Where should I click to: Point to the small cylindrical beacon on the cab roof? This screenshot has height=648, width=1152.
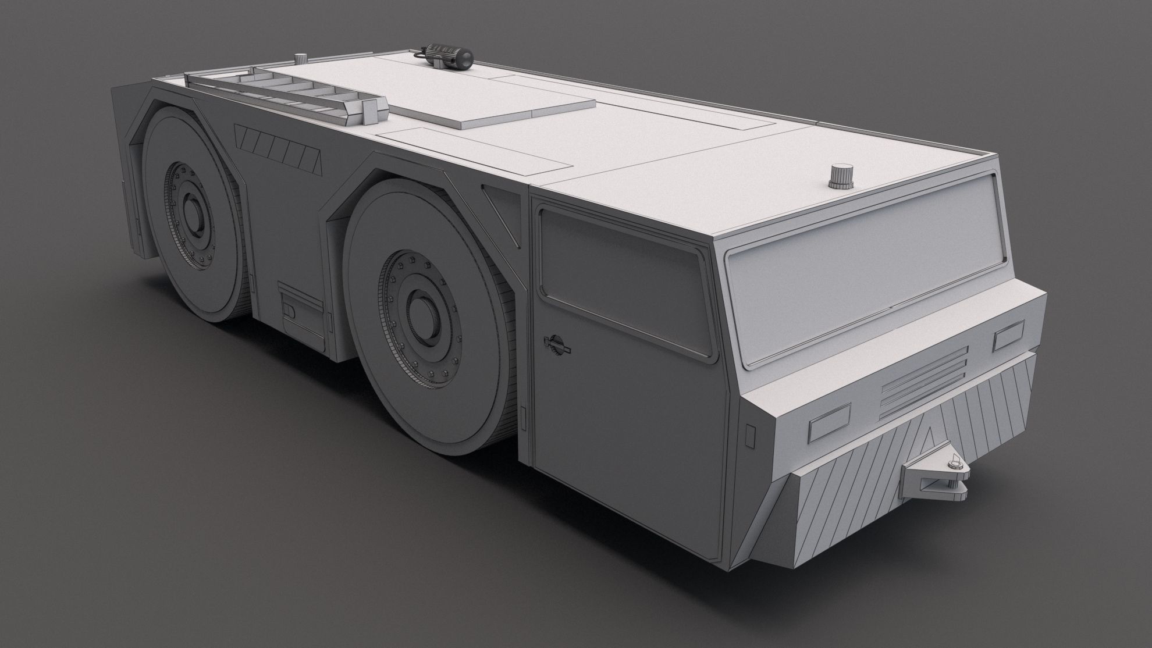coord(838,176)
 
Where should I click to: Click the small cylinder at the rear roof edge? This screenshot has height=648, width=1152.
coord(300,58)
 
